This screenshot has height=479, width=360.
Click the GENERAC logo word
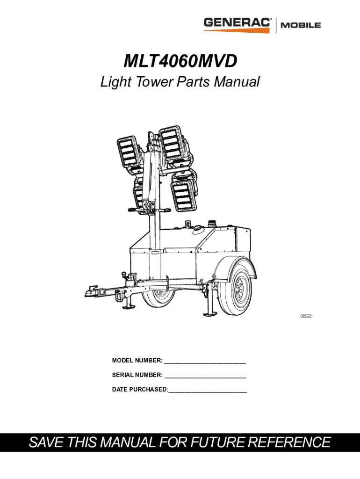(x=238, y=23)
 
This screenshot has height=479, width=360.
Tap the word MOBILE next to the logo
(x=300, y=25)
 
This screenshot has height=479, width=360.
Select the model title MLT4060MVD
(x=180, y=61)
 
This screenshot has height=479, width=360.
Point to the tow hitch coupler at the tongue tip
(x=89, y=291)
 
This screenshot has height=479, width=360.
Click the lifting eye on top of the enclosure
(x=188, y=225)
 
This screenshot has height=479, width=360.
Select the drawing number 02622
(x=306, y=316)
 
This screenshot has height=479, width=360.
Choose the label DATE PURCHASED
(x=139, y=390)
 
